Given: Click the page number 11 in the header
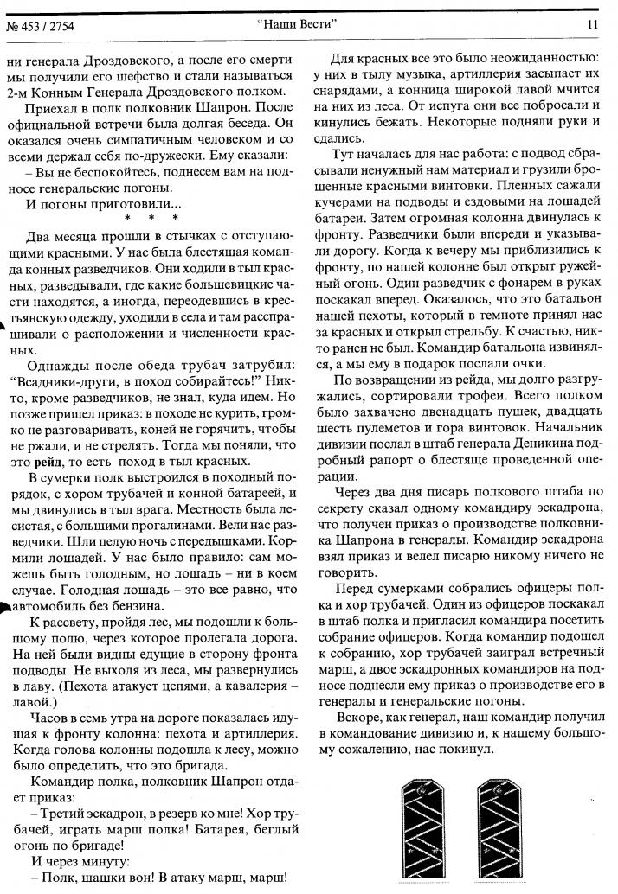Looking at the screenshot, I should coord(592,24).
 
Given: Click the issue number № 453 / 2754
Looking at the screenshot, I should coord(41,24).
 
